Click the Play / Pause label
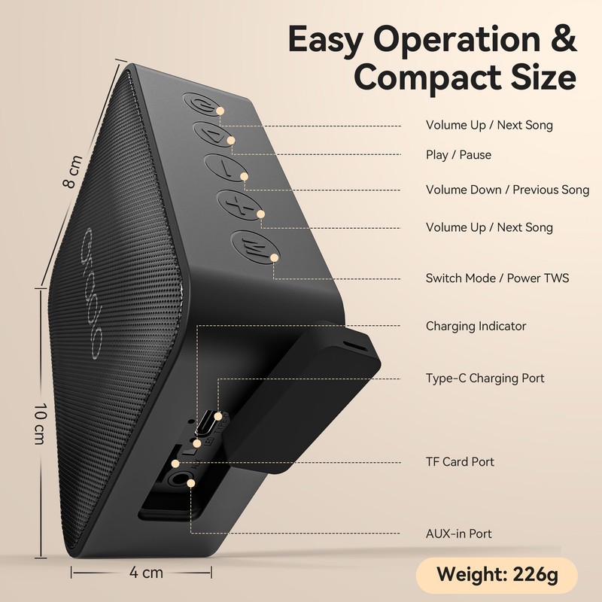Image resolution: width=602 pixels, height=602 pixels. [x=458, y=155]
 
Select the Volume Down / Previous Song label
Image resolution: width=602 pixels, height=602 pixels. [x=507, y=190]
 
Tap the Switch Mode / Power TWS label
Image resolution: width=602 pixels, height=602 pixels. [x=497, y=278]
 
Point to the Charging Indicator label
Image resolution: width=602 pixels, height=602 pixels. [x=476, y=326]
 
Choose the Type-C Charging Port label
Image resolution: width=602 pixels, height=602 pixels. [x=485, y=378]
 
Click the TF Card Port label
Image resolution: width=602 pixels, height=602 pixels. [x=460, y=461]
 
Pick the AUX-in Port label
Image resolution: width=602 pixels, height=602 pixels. [x=458, y=534]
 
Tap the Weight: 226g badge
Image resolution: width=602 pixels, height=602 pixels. [x=497, y=576]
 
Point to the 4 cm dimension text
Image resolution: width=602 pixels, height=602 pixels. [x=146, y=573]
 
